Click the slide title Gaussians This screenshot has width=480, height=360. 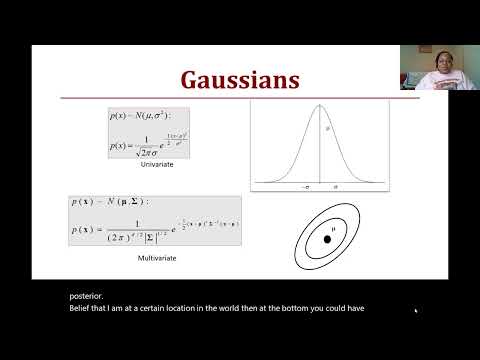tap(239, 79)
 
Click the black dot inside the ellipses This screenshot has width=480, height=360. tap(327, 239)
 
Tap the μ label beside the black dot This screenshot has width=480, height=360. tap(335, 229)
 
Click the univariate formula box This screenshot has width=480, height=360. tap(149, 133)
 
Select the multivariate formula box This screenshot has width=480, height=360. tap(173, 221)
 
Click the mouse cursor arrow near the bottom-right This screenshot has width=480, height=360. tap(415, 310)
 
